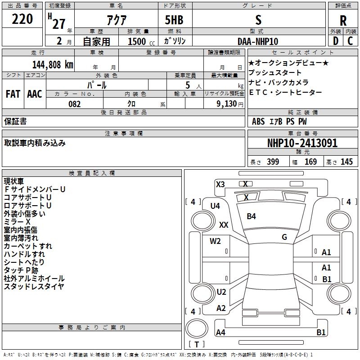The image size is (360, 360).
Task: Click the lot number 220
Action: pyautogui.click(x=22, y=19)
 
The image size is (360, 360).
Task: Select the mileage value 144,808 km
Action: pyautogui.click(x=53, y=65)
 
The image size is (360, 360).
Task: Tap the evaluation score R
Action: pyautogui.click(x=343, y=21)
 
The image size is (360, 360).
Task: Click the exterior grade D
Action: pyautogui.click(x=336, y=41)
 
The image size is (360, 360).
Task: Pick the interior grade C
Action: pyautogui.click(x=350, y=41)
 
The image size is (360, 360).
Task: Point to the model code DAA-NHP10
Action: pyautogui.click(x=258, y=41)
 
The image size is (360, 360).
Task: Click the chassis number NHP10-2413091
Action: pyautogui.click(x=302, y=143)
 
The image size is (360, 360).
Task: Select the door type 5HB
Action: pyautogui.click(x=174, y=20)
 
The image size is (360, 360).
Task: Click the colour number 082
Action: pyautogui.click(x=75, y=104)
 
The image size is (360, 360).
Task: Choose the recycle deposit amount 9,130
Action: pyautogui.click(x=227, y=104)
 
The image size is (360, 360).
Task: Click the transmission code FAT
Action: pyautogui.click(x=13, y=94)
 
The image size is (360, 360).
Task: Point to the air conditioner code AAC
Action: pyautogui.click(x=35, y=94)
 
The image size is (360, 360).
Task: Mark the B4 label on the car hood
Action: pyautogui.click(x=251, y=216)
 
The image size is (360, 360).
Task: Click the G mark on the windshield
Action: pyautogui.click(x=284, y=237)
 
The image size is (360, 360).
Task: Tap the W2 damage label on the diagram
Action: pyautogui.click(x=215, y=241)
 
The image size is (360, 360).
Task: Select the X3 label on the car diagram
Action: pyautogui.click(x=220, y=184)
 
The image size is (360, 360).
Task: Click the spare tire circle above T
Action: pyautogui.click(x=197, y=328)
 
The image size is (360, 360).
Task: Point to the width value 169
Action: pyautogui.click(x=310, y=162)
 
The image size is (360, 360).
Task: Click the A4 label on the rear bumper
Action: pyautogui.click(x=220, y=332)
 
